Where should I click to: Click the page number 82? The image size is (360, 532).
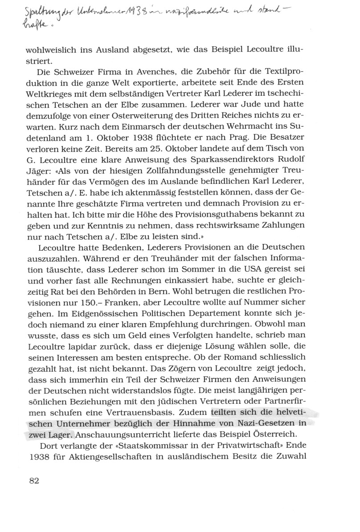(34, 481)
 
